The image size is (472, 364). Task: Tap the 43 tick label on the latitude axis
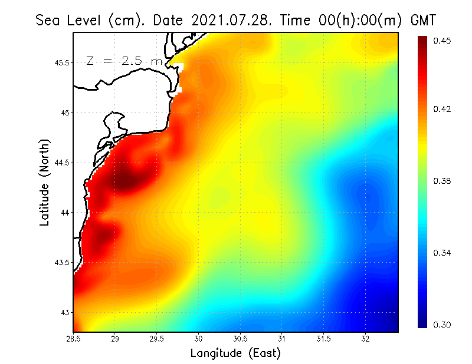(65, 312)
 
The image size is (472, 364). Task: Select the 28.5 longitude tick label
(74, 339)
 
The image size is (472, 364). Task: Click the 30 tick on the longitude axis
(199, 339)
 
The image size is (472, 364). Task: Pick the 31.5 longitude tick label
(324, 339)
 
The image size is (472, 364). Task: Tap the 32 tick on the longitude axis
(366, 339)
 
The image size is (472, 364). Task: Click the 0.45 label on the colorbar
(442, 41)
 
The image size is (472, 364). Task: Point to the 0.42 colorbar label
(442, 109)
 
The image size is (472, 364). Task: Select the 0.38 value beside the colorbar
(442, 181)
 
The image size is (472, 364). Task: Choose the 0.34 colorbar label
(442, 253)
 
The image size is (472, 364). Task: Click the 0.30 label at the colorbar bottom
(442, 325)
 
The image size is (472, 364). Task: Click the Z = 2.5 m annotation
(124, 61)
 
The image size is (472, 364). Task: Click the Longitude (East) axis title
(235, 353)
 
